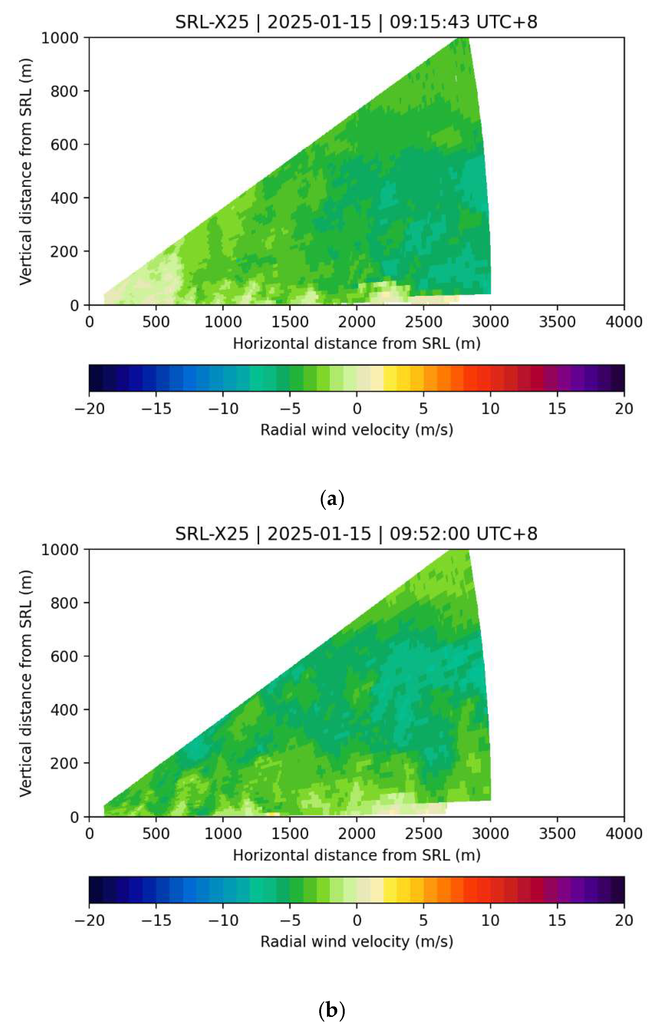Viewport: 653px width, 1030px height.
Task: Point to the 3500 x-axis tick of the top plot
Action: [x=557, y=322]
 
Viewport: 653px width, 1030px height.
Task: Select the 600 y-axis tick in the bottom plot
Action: [x=64, y=656]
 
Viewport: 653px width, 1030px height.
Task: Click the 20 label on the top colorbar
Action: [x=623, y=409]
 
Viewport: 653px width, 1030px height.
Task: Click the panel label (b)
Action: [x=332, y=1011]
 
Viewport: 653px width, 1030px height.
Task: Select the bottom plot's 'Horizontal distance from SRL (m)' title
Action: [x=357, y=855]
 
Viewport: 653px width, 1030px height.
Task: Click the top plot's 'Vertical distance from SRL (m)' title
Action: [x=26, y=171]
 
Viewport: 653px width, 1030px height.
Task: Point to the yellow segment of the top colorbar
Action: [x=390, y=378]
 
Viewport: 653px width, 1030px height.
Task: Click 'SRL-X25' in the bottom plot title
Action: [x=212, y=533]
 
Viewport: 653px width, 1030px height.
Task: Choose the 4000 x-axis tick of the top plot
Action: [x=623, y=322]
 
